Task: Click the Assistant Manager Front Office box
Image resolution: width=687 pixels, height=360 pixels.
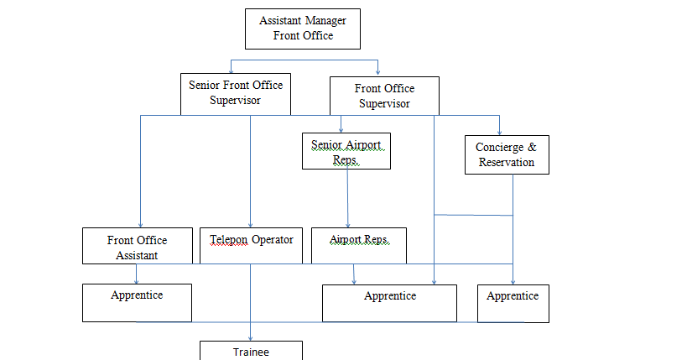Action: [302, 29]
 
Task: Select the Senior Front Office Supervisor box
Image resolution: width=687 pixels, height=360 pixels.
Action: [236, 93]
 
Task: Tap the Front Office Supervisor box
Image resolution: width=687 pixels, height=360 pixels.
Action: [384, 96]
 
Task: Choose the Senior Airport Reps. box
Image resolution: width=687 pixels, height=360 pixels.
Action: [347, 152]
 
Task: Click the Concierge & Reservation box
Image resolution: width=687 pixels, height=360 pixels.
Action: [507, 154]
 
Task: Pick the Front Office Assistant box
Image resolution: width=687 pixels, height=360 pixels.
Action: [138, 247]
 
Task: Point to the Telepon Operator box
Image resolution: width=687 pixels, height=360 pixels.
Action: [251, 245]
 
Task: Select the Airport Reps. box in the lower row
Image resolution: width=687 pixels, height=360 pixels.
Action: [358, 245]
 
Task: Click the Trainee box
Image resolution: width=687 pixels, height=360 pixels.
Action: [251, 352]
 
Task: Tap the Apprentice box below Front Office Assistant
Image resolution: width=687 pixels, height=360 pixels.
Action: [137, 302]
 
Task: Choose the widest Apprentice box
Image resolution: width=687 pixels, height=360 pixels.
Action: [390, 302]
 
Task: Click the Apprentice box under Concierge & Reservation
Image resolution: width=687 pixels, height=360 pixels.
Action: [513, 302]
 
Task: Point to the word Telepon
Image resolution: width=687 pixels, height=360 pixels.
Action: [229, 239]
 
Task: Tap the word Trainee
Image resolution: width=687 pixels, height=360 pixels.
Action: [251, 352]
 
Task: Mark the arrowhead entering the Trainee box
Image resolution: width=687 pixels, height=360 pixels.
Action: [251, 337]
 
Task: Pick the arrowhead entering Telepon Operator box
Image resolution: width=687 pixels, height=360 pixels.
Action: [251, 224]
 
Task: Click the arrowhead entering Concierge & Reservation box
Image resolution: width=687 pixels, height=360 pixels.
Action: [500, 132]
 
